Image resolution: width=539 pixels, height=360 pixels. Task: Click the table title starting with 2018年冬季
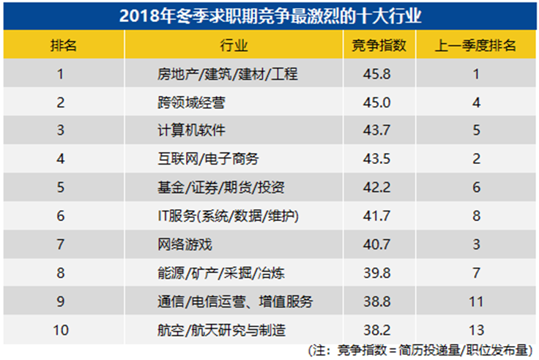pyautogui.click(x=269, y=15)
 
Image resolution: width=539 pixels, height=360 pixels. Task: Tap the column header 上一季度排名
pyautogui.click(x=476, y=45)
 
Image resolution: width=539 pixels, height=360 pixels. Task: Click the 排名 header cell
pyautogui.click(x=62, y=45)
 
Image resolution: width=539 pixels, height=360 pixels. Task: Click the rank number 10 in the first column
pyautogui.click(x=62, y=329)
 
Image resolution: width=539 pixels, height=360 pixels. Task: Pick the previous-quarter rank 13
pyautogui.click(x=476, y=329)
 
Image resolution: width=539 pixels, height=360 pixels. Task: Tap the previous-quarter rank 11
pyautogui.click(x=476, y=301)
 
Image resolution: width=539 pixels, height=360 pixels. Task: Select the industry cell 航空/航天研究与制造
pyautogui.click(x=220, y=329)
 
